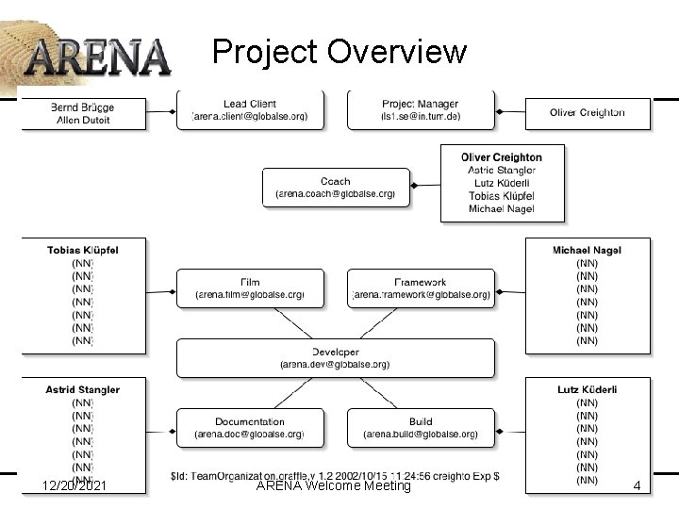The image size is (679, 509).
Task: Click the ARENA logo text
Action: point(97,56)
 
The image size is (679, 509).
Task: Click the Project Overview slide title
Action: point(339,51)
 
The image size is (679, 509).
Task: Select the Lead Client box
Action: point(249,109)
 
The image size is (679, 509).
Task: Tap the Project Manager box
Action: point(421,109)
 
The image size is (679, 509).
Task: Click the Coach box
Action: point(336,187)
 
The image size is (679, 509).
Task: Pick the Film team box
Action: point(249,287)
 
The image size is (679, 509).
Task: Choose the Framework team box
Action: point(421,287)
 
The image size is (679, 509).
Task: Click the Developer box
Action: point(335,358)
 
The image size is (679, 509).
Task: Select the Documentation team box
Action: point(249,428)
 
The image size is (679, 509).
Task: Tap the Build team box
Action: point(421,428)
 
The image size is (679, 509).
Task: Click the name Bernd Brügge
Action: point(83,107)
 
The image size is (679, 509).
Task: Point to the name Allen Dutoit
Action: point(83,120)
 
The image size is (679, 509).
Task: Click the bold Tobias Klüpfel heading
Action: point(83,250)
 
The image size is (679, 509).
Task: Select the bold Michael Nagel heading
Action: point(587,250)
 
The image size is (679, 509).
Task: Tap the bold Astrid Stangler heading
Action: point(83,389)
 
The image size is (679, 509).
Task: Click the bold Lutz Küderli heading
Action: point(587,389)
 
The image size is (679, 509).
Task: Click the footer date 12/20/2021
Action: point(75,485)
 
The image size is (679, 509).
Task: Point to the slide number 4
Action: point(637,485)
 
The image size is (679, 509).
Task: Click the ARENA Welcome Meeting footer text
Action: point(334,485)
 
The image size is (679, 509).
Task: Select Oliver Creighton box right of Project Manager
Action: point(587,112)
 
